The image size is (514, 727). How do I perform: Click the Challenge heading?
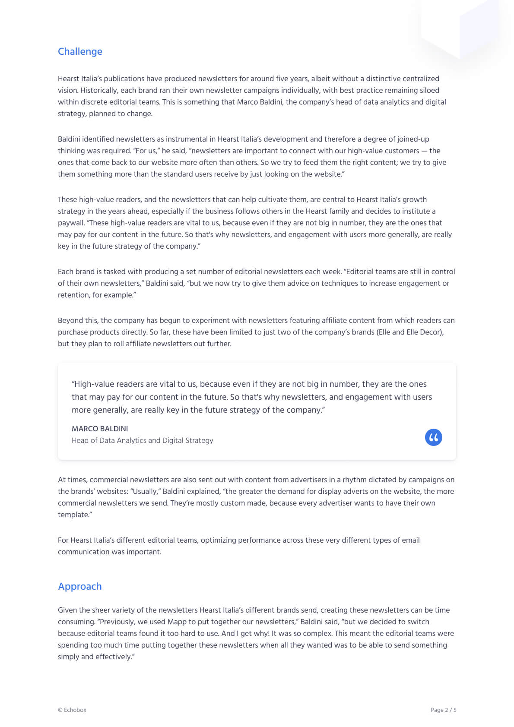(80, 51)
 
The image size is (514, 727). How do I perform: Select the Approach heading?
(80, 586)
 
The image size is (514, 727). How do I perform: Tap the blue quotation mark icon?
(433, 437)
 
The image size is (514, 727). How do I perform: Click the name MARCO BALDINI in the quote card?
(100, 429)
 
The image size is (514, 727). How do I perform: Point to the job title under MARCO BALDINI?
(142, 440)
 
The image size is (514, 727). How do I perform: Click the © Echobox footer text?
(72, 710)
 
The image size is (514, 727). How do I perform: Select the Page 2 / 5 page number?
(443, 710)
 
